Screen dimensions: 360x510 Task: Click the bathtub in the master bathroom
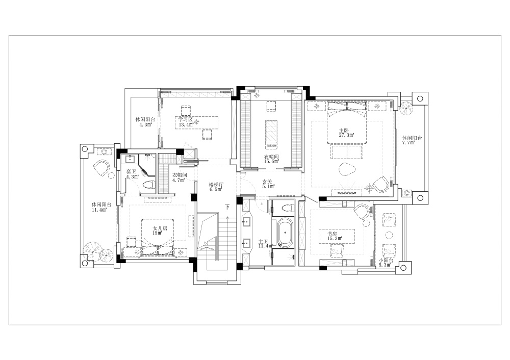(x=284, y=232)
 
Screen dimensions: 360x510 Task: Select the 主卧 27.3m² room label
(x=346, y=133)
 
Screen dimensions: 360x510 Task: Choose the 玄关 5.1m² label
(x=268, y=184)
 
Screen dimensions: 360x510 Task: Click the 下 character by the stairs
(x=227, y=208)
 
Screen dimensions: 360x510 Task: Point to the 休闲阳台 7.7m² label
(x=412, y=140)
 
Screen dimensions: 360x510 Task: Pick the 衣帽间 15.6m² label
(x=271, y=159)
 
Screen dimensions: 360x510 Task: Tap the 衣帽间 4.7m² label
(x=180, y=177)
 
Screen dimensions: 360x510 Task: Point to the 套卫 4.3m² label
(x=132, y=174)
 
